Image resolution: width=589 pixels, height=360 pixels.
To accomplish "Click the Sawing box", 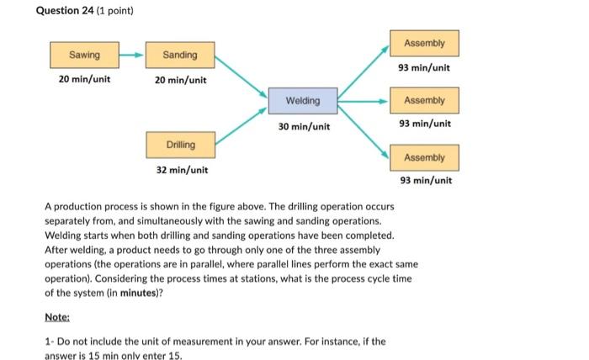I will (84, 56).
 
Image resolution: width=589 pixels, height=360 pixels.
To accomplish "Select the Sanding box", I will (180, 56).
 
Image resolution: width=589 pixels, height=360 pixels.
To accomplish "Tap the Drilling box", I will (180, 145).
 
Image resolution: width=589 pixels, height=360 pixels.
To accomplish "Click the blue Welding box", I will (303, 101).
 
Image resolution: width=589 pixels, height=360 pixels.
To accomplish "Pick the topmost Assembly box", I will (424, 43).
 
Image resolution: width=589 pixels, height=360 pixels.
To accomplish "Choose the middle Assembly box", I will (424, 101).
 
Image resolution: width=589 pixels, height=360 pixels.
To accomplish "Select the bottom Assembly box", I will (424, 157).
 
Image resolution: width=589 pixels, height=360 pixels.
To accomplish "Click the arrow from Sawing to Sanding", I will (131, 56).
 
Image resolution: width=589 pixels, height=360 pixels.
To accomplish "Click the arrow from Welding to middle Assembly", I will (363, 101).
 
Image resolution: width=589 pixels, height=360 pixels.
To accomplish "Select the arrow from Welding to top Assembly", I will (364, 72).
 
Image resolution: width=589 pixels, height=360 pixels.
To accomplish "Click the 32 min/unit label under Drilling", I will (180, 170).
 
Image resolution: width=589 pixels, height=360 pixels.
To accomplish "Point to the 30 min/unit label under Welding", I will (303, 127).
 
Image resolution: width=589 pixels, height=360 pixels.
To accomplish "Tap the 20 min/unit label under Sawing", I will (84, 81).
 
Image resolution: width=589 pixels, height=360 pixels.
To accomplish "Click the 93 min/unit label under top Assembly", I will (424, 67).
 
